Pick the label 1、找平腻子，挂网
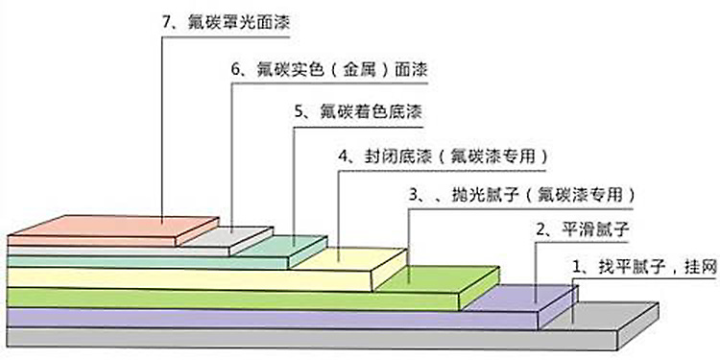[x=644, y=265]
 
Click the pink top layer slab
[x=115, y=228]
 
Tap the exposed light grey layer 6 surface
[x=235, y=236]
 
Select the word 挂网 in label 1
[x=699, y=265]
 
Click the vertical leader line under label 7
[x=161, y=125]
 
